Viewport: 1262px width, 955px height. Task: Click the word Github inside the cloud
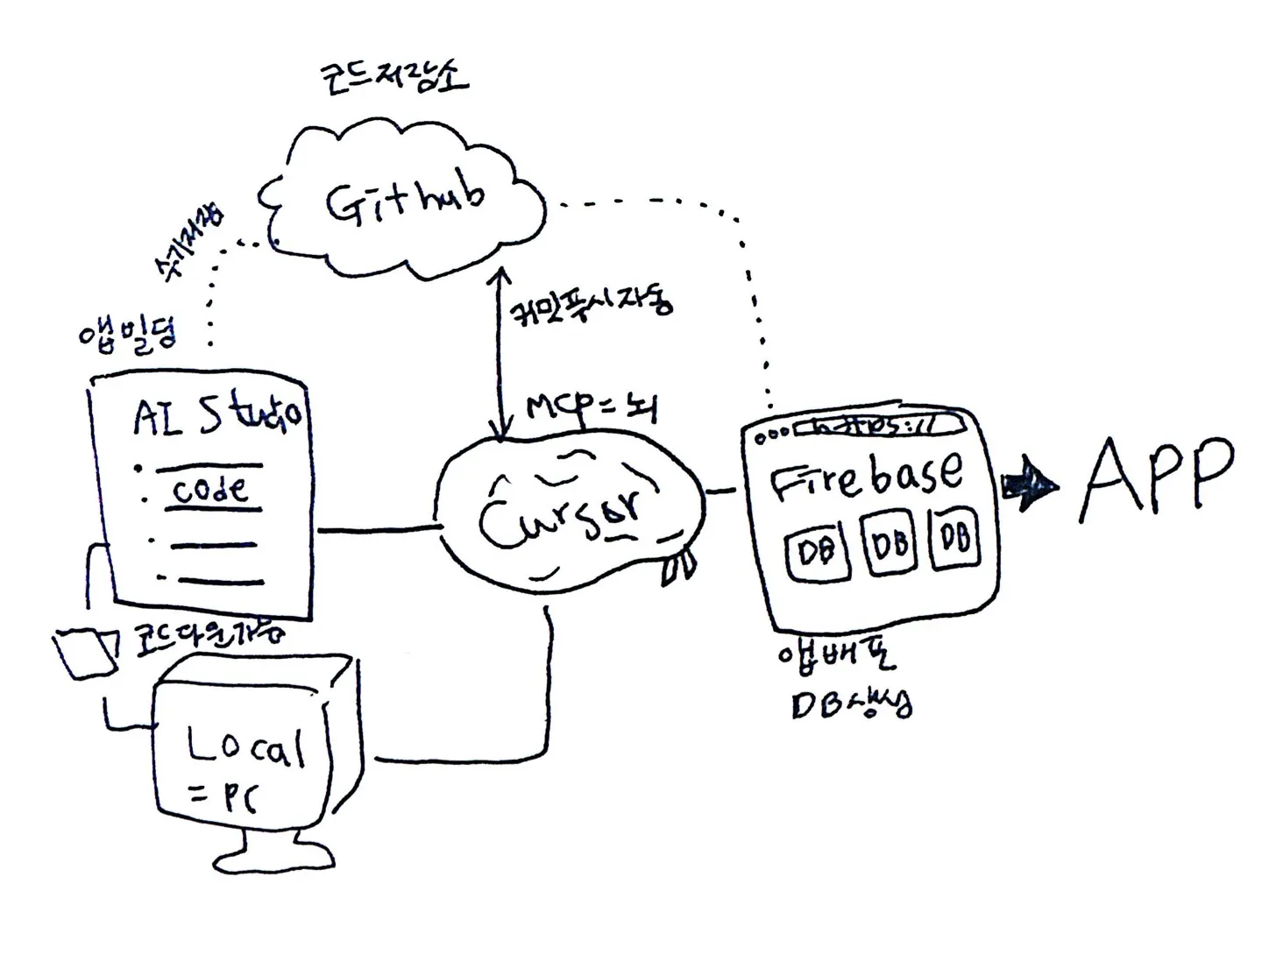coord(405,201)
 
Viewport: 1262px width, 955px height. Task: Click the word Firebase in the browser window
coord(866,477)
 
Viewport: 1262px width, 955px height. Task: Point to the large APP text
coord(1157,478)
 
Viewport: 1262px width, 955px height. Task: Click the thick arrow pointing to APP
coord(1029,485)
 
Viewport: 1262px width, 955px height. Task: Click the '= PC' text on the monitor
coord(224,797)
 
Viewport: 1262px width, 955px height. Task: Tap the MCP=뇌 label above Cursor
coord(591,407)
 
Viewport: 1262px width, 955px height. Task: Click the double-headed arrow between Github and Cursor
coord(500,355)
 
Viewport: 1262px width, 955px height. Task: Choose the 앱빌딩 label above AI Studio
coord(127,334)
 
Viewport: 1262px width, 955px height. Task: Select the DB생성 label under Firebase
coord(850,704)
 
